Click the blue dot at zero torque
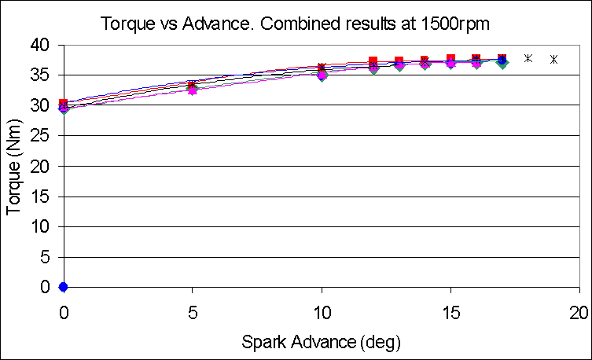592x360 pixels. click(x=63, y=287)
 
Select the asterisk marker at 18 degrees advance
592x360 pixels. click(x=528, y=58)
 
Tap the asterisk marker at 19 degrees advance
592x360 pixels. click(x=553, y=59)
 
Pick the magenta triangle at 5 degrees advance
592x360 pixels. click(x=192, y=90)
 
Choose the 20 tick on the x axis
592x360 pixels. click(x=579, y=310)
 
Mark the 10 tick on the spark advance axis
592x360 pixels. click(x=322, y=310)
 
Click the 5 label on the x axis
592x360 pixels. click(x=192, y=310)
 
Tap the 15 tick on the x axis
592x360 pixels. click(x=450, y=310)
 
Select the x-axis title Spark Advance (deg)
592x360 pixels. click(x=322, y=342)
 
